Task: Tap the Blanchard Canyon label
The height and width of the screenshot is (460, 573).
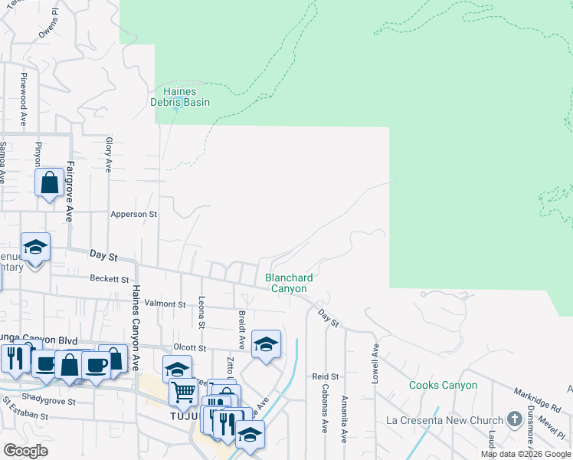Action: (286, 283)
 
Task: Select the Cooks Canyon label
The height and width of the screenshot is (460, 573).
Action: (443, 385)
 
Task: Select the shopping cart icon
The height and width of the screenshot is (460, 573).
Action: (184, 392)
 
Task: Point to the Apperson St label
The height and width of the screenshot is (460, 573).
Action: (133, 215)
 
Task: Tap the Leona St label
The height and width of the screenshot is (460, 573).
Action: (201, 312)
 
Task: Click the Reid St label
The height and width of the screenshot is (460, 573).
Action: (325, 376)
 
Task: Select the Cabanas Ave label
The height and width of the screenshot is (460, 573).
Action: (325, 415)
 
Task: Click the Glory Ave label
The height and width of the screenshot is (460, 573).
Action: (110, 155)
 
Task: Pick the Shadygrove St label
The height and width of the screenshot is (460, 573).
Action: (49, 401)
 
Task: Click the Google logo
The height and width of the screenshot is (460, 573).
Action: (25, 451)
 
